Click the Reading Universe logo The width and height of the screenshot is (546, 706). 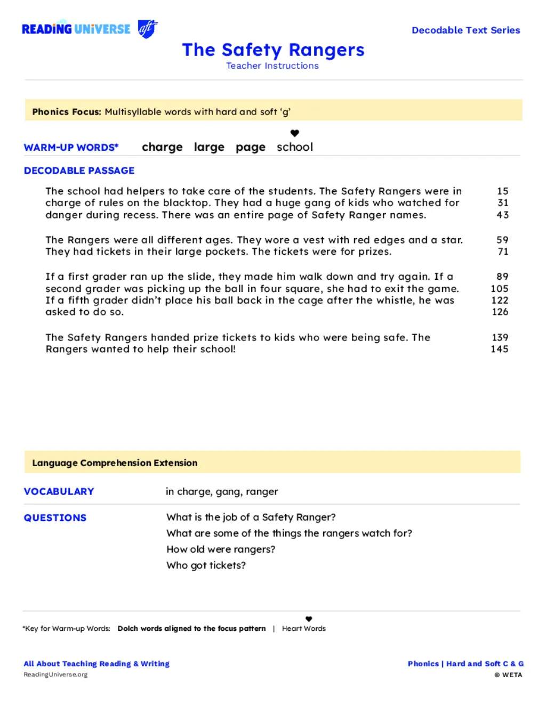89,29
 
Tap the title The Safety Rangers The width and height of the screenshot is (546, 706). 273,50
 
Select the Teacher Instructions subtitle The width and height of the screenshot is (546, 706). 272,66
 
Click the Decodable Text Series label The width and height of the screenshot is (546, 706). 465,30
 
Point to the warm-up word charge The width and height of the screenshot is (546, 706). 162,147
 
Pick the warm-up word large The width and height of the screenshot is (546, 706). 209,147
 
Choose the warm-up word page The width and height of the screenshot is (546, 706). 251,147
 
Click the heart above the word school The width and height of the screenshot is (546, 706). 294,133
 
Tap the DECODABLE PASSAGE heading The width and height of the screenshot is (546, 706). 79,171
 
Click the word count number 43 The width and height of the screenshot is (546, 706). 502,215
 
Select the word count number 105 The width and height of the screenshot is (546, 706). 500,288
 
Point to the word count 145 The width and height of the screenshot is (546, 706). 500,349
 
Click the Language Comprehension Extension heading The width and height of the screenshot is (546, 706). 115,462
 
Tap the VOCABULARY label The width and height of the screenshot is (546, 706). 59,491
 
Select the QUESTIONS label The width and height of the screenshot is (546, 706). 55,517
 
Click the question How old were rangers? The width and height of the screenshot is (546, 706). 221,549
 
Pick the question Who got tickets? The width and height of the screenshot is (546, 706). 206,565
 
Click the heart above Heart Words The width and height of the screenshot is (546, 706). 309,619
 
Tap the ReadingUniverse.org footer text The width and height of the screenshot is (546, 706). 55,675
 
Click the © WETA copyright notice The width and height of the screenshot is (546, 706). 508,675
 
